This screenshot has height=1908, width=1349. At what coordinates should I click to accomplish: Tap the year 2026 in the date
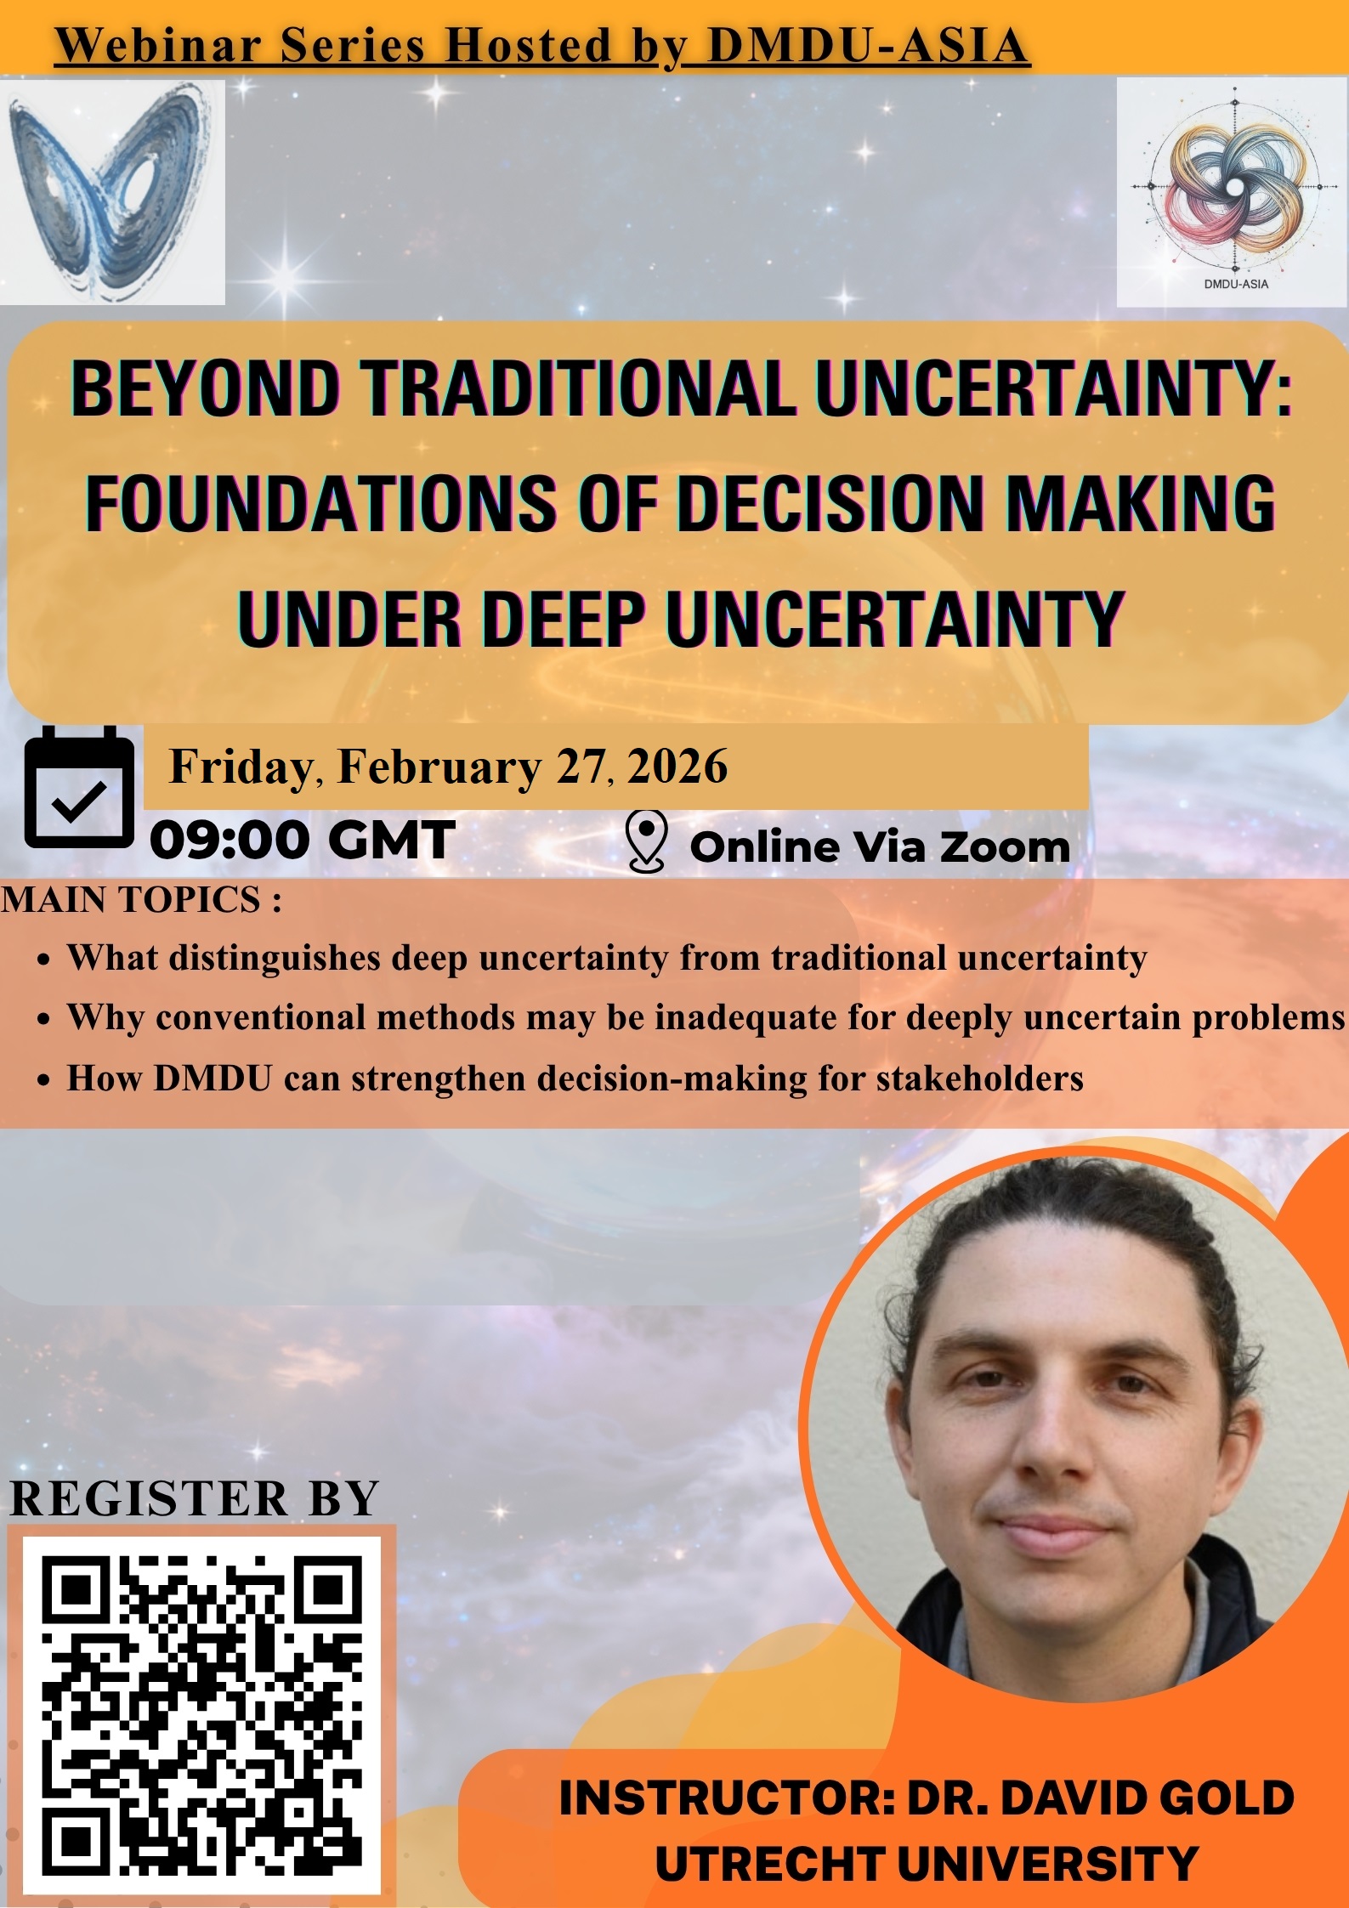point(677,767)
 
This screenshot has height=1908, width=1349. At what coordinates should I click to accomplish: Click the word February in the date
point(439,767)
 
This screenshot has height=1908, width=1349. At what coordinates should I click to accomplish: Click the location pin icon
point(646,841)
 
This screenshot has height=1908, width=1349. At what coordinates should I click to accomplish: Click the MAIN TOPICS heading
point(141,899)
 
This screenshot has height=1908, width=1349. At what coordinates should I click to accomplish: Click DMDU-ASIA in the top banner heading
point(868,46)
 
